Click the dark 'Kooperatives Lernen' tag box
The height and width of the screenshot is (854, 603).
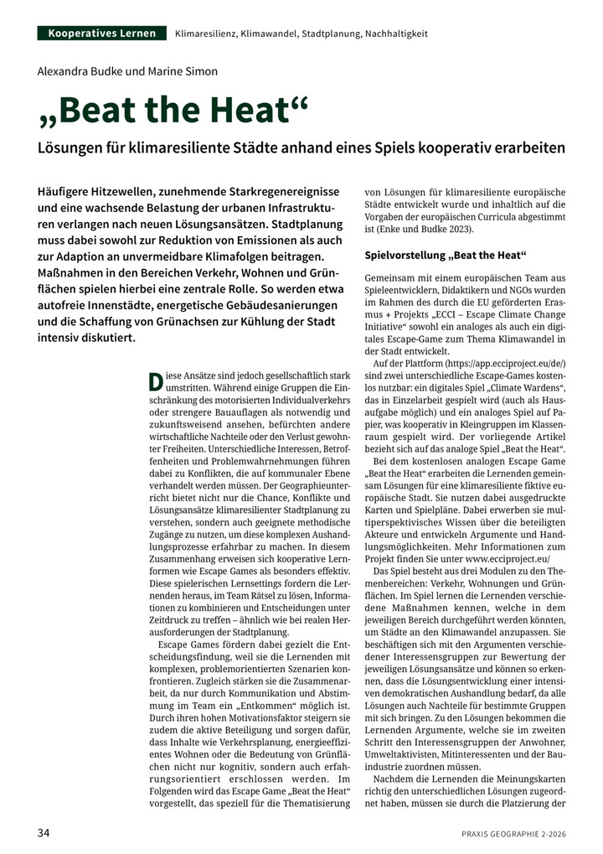pos(102,34)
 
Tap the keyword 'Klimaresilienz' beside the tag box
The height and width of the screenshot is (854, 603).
pos(206,34)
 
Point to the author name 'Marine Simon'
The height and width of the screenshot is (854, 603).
pos(187,71)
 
